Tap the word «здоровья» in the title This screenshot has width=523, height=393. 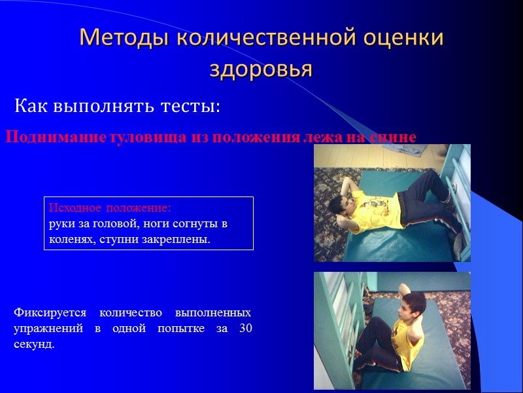pos(261,67)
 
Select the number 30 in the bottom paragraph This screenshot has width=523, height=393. pos(245,328)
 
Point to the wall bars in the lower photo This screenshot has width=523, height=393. pos(340,295)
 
